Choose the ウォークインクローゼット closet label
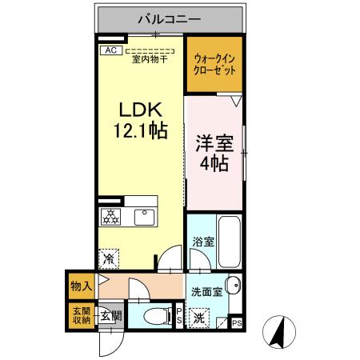coord(215,64)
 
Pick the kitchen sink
coord(146,216)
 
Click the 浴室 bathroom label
coord(202,242)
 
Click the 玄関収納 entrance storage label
coord(82,316)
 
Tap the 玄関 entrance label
coord(110,316)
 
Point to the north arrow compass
coord(279,331)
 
